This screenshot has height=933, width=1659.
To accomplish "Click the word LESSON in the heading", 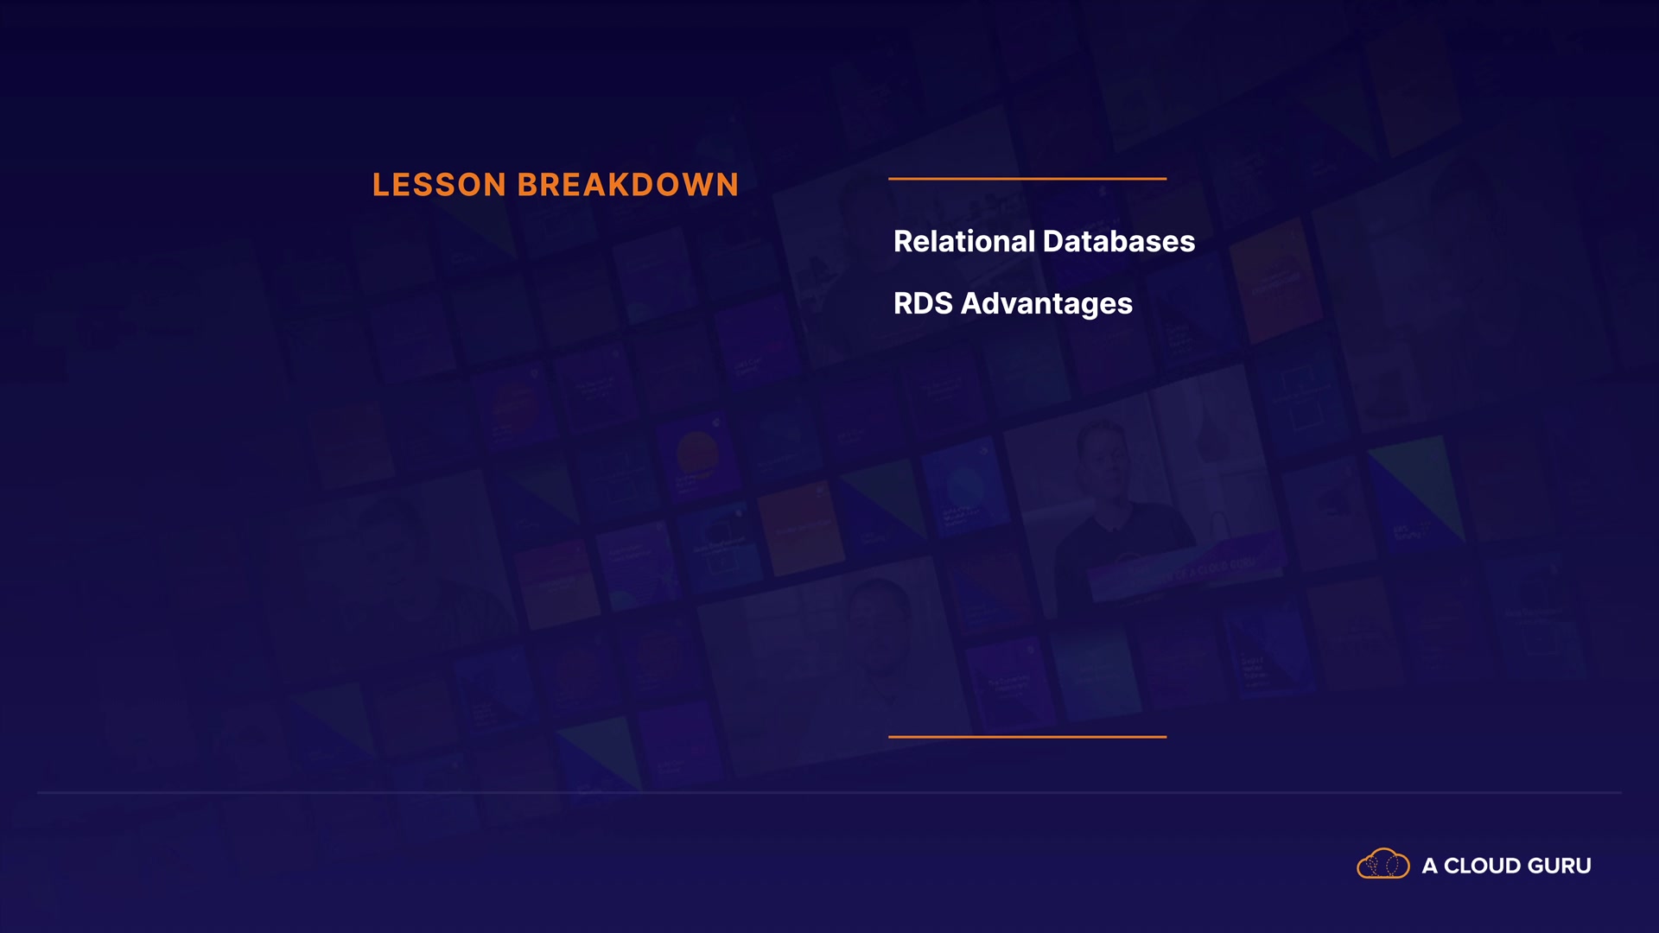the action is coord(439,185).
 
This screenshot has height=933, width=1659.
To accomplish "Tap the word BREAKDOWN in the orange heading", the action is coord(628,185).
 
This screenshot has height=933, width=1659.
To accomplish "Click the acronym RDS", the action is coord(923,303).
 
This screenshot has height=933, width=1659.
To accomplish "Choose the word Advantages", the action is coord(1046,305).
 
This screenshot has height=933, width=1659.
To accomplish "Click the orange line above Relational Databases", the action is coord(1027,179).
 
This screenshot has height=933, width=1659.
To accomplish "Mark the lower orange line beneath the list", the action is coord(1027,737).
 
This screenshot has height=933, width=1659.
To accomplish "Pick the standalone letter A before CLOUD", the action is coord(1430,866).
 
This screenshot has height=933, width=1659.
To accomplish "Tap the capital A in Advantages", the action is coord(972,303).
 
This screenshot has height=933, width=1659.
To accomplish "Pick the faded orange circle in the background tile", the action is coord(697,453).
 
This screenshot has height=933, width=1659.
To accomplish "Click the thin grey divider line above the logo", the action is coord(829,792).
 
